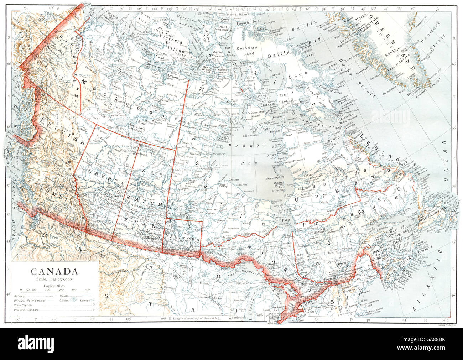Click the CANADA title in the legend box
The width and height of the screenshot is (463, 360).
point(54,271)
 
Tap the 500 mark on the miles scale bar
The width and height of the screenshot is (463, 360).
point(87,290)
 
